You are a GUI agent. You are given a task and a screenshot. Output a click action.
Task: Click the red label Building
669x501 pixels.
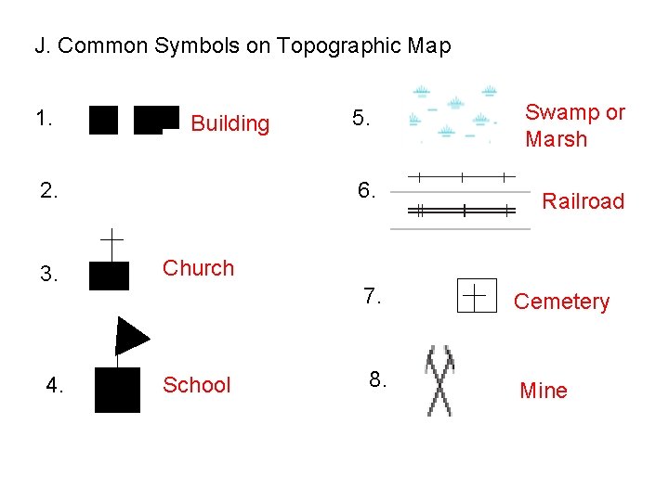[230, 123]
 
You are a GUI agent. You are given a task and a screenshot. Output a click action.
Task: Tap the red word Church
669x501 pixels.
[198, 268]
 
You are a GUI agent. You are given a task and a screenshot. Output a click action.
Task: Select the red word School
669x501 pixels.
[196, 385]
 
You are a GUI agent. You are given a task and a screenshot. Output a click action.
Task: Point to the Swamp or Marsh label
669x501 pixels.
[575, 125]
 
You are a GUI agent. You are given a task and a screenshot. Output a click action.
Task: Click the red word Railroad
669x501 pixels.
[583, 201]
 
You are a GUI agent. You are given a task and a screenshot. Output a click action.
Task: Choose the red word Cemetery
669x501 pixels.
[561, 302]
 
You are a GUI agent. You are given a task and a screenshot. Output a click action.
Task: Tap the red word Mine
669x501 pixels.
[544, 391]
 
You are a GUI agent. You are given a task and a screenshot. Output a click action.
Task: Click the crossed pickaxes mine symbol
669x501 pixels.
[439, 380]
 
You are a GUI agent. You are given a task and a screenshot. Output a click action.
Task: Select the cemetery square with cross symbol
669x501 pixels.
[477, 297]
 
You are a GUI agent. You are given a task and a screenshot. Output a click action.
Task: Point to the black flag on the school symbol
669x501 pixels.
[131, 335]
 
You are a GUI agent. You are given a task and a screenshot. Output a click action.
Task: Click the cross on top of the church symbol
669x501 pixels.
[111, 244]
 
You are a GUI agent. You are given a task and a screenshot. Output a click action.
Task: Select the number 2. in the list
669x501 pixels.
[50, 191]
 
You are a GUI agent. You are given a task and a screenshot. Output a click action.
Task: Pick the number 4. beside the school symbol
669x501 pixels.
[56, 385]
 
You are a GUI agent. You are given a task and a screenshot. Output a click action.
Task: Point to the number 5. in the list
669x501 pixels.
[361, 119]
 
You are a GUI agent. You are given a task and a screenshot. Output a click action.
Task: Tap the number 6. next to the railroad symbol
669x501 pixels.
[367, 191]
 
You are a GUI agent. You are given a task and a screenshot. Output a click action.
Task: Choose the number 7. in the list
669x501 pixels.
[373, 296]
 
